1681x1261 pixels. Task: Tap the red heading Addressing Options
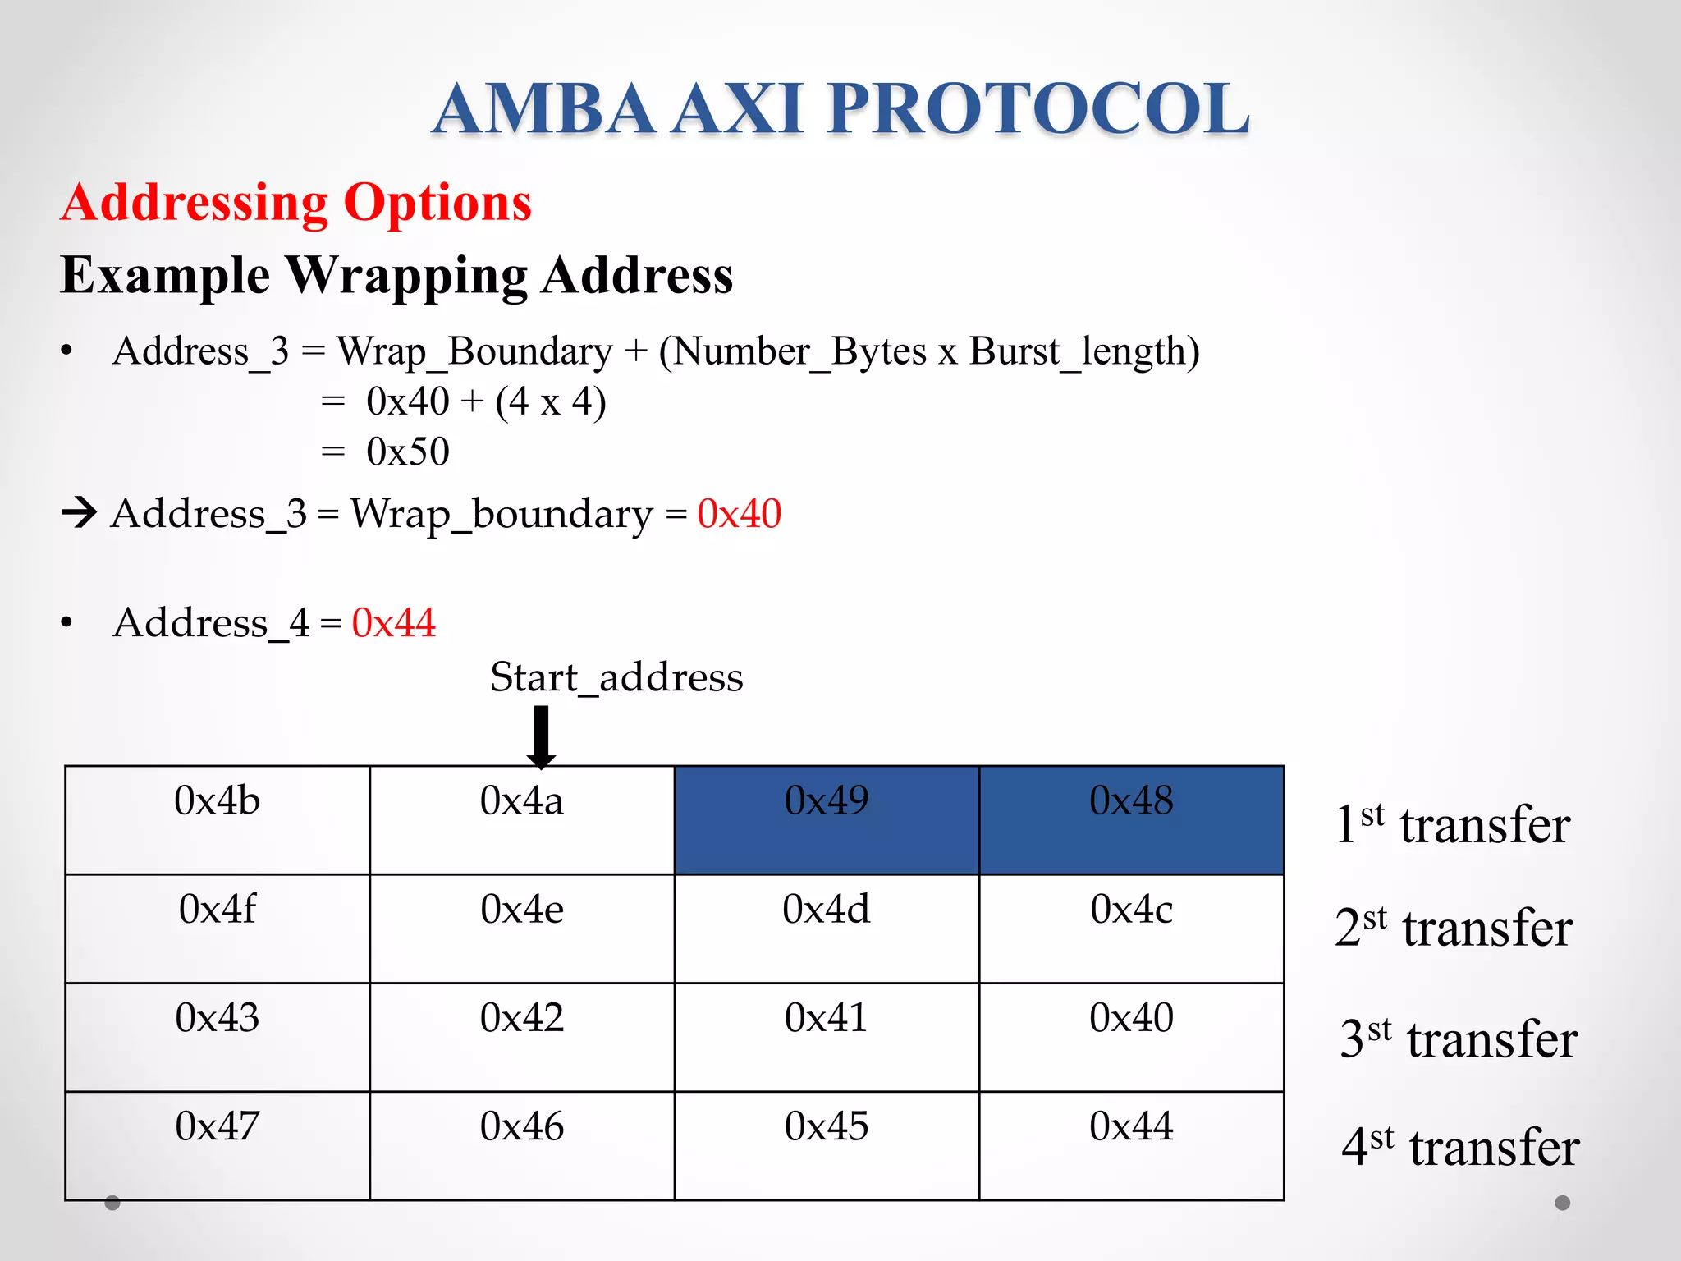point(296,203)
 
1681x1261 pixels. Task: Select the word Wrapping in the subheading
point(407,275)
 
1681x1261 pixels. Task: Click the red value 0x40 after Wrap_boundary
point(739,515)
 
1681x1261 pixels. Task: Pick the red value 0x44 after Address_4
point(393,623)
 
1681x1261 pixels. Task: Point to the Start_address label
point(616,678)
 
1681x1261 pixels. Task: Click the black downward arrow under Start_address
point(541,737)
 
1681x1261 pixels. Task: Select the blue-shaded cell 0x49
point(827,819)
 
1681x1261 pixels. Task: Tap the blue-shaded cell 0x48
point(1131,819)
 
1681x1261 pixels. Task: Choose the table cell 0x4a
point(522,819)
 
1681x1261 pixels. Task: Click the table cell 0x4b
point(218,819)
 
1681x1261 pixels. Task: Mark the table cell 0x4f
point(218,928)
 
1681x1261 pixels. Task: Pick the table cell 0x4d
point(827,928)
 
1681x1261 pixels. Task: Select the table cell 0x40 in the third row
point(1131,1036)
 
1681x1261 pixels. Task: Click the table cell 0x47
point(218,1144)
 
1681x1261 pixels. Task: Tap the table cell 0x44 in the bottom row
point(1131,1144)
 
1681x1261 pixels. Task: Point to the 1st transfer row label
point(1452,824)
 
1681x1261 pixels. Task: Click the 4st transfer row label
point(1460,1147)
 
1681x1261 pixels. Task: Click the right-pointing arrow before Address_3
point(80,513)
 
